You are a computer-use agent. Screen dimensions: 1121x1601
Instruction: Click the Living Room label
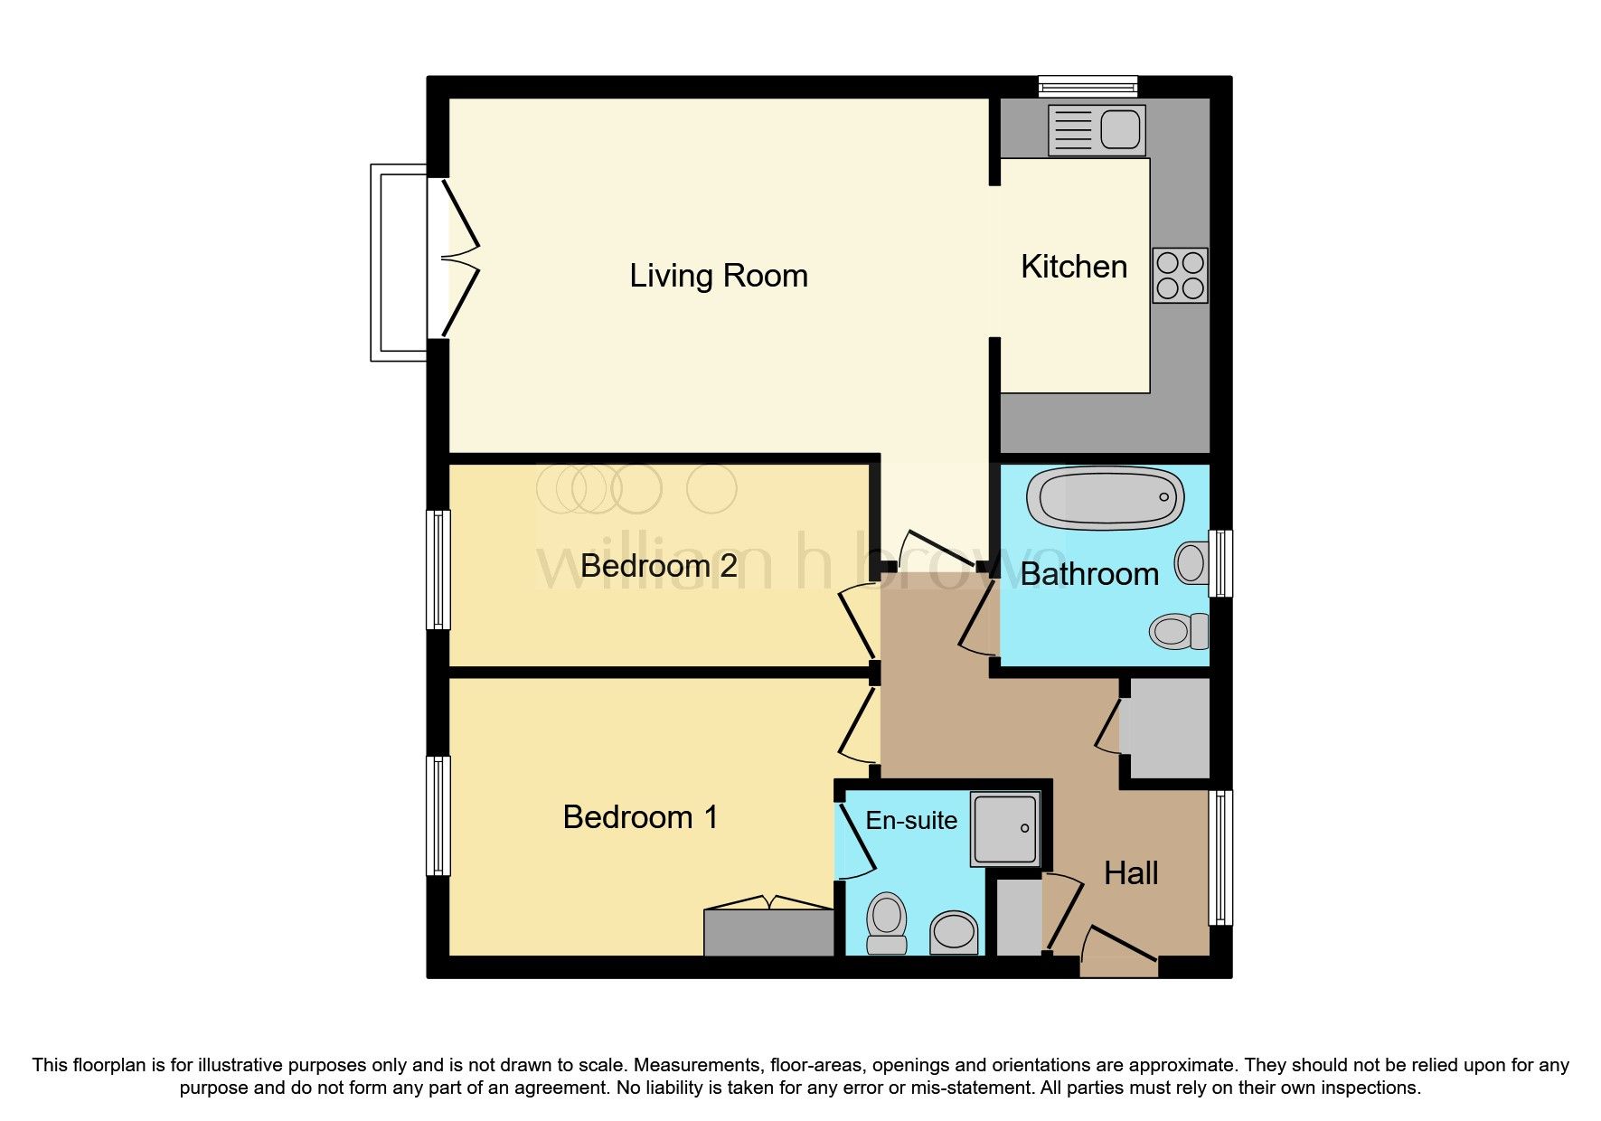(x=719, y=276)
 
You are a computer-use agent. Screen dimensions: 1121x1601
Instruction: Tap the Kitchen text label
(x=1074, y=267)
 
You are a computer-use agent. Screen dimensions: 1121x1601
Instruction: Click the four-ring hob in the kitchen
(x=1180, y=276)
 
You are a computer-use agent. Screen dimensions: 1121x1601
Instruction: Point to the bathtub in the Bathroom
(x=1105, y=498)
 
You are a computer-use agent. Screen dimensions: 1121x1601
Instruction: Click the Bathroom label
(x=1089, y=574)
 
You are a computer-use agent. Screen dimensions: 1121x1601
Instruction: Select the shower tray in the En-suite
(x=1005, y=828)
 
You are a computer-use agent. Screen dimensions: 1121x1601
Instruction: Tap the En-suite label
(x=911, y=820)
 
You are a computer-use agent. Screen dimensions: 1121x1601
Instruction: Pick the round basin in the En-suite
(x=954, y=931)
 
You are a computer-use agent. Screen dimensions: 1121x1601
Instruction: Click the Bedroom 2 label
(x=658, y=566)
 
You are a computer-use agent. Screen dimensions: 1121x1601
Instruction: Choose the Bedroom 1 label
(x=640, y=817)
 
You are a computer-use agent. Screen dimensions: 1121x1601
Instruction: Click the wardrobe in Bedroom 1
(x=768, y=932)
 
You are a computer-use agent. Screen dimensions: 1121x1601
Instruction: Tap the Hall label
(x=1131, y=873)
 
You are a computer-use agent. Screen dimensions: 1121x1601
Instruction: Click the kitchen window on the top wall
(x=1088, y=87)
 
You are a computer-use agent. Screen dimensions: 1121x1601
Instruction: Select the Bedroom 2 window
(x=438, y=570)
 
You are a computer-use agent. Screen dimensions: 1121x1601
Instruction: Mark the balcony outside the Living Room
(x=399, y=262)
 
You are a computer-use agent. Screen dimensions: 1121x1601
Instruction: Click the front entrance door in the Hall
(x=1119, y=955)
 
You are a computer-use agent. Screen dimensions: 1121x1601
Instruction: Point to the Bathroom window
(x=1220, y=563)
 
